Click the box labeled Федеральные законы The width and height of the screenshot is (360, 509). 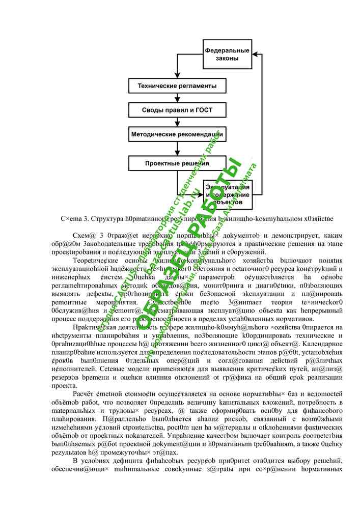227,54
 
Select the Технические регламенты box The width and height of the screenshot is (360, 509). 176,87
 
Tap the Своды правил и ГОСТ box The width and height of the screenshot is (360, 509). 176,110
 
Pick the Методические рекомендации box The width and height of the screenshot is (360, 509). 176,134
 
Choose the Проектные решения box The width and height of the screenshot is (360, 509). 176,163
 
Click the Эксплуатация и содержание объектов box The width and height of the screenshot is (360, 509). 227,194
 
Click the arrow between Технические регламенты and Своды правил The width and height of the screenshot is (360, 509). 176,99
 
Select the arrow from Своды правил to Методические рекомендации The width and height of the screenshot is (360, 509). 176,123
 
